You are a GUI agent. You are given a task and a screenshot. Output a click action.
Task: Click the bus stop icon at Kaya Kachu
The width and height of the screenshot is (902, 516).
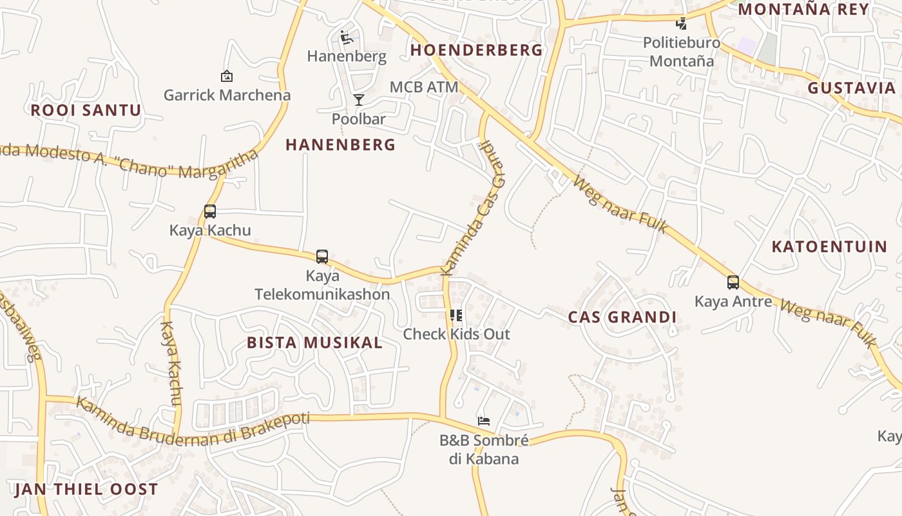tap(210, 211)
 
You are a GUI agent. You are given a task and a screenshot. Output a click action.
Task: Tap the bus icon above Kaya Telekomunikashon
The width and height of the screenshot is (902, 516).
tap(322, 256)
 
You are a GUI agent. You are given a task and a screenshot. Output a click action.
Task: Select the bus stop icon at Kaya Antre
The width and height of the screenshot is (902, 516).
tap(733, 282)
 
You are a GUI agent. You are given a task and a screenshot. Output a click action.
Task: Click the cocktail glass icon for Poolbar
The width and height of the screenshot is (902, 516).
tap(359, 99)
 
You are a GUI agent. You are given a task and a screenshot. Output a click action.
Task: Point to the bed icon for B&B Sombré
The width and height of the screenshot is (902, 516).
tap(484, 421)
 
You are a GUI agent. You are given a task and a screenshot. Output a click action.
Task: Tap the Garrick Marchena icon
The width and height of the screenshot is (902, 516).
tap(227, 76)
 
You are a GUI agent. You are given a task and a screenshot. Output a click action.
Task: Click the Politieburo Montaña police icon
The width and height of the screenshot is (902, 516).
tap(681, 24)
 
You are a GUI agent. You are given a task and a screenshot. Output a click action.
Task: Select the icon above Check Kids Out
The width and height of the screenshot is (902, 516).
tap(456, 315)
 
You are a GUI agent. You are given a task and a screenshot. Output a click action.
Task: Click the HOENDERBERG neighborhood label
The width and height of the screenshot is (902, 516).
tap(477, 50)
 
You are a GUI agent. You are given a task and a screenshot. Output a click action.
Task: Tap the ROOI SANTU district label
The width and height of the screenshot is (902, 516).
tap(86, 110)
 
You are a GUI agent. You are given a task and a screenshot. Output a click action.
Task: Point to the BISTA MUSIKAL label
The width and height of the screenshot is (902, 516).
tap(315, 342)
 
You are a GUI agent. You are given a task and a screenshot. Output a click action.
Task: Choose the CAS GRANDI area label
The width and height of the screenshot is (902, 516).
tap(622, 317)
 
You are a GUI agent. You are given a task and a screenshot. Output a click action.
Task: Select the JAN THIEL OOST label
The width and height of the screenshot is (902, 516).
tap(86, 489)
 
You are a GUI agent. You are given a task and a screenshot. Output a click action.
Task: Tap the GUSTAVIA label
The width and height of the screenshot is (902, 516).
tap(852, 88)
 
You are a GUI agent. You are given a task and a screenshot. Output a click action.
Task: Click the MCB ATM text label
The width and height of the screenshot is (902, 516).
tap(424, 87)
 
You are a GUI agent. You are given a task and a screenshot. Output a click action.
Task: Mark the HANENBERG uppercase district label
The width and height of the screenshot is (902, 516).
tap(341, 145)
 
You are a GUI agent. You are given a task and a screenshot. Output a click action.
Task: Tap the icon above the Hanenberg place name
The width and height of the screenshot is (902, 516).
tap(347, 37)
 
